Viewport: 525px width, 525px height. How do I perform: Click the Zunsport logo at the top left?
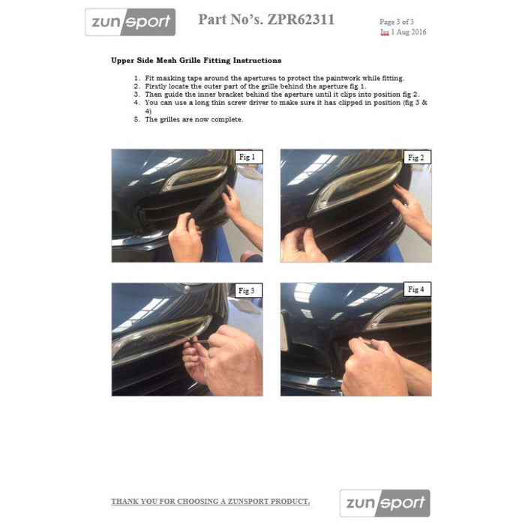pos(130,22)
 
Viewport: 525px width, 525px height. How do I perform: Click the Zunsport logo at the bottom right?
pos(385,503)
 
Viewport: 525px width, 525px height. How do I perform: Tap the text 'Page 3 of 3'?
pos(401,22)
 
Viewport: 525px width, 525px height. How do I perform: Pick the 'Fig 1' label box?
pos(247,157)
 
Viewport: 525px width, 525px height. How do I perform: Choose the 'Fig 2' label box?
pos(416,157)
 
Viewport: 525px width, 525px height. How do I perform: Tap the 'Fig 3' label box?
pos(247,290)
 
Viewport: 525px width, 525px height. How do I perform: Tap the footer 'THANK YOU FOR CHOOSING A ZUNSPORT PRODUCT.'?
pos(210,501)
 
